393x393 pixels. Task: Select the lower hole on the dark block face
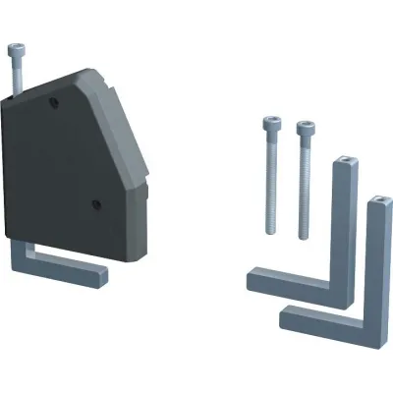tap(96, 204)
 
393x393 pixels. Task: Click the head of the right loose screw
tap(305, 129)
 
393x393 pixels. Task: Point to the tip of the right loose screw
tap(304, 238)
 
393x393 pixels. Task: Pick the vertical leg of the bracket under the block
tap(22, 253)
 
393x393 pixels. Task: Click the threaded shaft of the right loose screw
tap(305, 192)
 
